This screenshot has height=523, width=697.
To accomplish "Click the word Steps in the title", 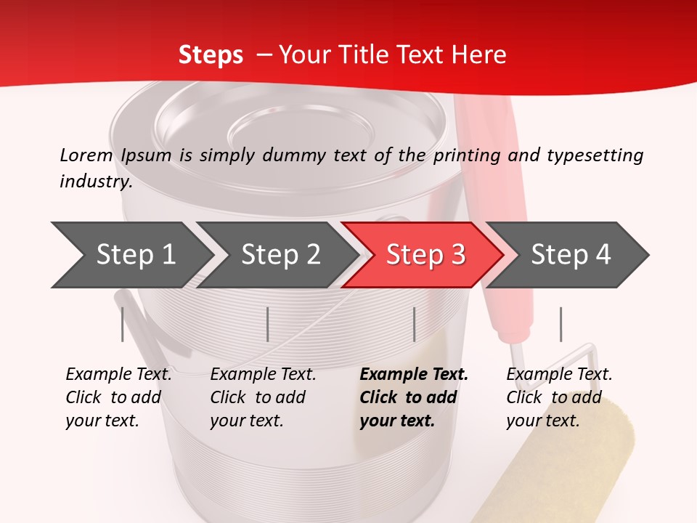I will pos(211,55).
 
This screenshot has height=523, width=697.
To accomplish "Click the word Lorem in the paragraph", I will pos(86,155).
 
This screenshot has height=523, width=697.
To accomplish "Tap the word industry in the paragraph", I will pos(95,181).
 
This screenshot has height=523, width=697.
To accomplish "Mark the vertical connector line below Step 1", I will pos(123,324).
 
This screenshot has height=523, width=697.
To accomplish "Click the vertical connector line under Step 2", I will pos(268,324).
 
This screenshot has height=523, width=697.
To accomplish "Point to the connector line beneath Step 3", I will pos(414,324).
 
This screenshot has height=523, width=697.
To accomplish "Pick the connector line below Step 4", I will pos(561,324).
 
